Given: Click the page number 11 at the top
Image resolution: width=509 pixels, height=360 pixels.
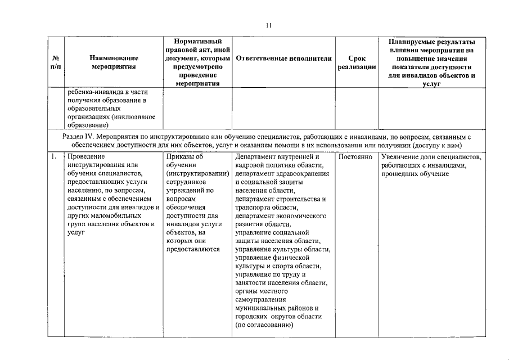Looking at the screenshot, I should tap(268, 25).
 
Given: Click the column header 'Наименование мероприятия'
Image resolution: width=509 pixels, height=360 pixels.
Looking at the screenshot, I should tap(114, 62).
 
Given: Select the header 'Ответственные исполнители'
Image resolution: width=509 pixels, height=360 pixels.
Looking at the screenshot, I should tap(283, 58).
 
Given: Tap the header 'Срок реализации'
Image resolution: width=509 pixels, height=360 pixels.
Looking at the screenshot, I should tap(357, 62).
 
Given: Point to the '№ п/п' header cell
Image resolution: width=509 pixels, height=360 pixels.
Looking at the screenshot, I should tap(56, 62).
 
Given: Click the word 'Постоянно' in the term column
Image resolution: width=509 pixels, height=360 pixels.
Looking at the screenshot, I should tap(357, 156).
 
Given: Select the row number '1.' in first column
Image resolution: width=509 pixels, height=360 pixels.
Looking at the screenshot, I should tap(53, 156).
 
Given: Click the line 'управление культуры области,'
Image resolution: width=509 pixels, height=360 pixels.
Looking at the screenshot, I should tap(283, 249).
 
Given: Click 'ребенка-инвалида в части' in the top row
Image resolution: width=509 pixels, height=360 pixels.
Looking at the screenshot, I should tap(107, 92).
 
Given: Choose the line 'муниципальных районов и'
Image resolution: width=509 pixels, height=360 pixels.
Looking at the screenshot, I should tap(277, 308).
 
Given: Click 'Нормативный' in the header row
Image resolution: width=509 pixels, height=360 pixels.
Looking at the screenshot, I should tap(197, 42).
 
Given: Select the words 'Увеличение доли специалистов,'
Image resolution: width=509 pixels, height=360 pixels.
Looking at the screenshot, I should tap(431, 156).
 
